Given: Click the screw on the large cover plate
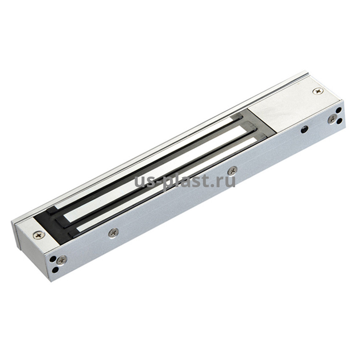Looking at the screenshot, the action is (318, 91).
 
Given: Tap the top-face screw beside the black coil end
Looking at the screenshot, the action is (39, 235).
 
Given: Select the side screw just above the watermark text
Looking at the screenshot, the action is (233, 170).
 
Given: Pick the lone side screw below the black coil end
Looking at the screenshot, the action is (114, 233).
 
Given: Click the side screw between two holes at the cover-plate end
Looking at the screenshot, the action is (332, 119).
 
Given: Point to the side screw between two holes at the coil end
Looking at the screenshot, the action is (62, 260).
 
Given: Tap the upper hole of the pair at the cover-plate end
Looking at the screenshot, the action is (338, 111).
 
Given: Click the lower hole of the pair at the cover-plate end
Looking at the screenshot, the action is (340, 121).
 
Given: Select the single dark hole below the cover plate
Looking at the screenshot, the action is (305, 130).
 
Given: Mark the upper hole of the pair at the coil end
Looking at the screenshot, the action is (53, 259).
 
